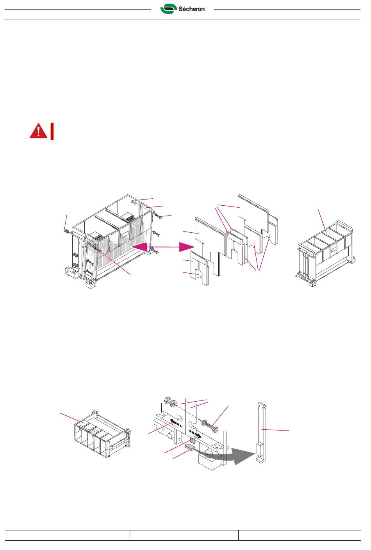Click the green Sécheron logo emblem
pos(169,9)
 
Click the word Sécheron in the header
pos(191,9)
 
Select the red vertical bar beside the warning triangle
pos(52,132)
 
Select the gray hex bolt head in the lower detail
pos(214,429)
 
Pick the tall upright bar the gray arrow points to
pos(261,433)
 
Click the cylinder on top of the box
pos(210,454)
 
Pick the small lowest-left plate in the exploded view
pos(200,269)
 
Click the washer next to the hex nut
pos(174,403)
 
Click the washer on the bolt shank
pos(204,422)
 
